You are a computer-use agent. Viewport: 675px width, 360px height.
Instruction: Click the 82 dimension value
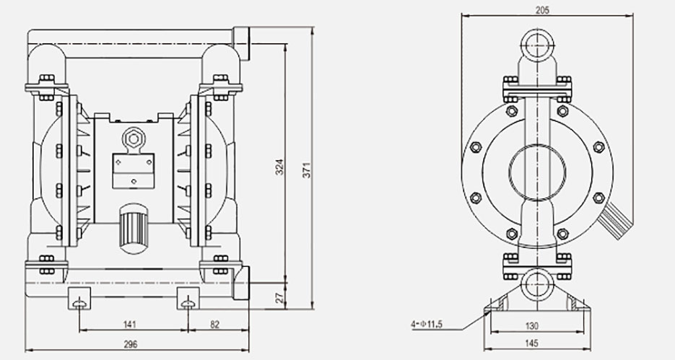[x=214, y=324]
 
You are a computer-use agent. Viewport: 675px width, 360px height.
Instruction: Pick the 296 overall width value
[x=131, y=344]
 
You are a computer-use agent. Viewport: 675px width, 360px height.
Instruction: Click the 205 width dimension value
[x=543, y=10]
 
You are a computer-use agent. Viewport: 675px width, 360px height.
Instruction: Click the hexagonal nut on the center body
[x=132, y=138]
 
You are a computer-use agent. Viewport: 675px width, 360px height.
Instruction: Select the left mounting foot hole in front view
[x=78, y=302]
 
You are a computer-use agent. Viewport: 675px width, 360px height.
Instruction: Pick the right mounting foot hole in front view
[x=188, y=302]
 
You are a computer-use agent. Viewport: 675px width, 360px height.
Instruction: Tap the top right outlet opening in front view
[x=240, y=43]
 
